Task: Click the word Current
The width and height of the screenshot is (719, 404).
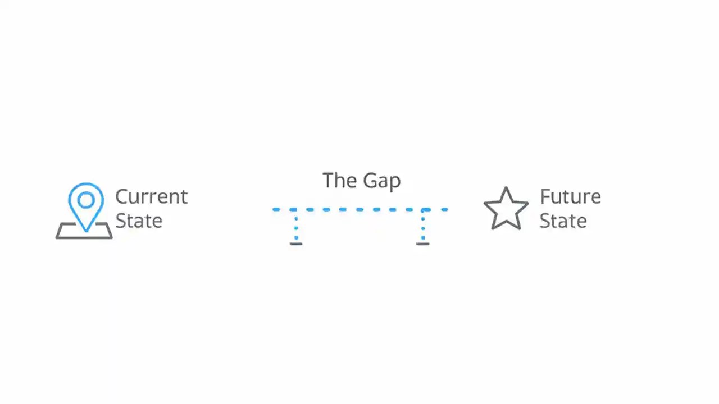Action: coord(151,197)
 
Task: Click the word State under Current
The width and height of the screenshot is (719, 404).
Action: coord(139,221)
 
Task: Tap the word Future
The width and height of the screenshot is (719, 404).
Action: coord(570,197)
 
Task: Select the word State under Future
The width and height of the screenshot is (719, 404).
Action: coord(563,221)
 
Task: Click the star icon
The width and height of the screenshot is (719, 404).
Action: coord(506,209)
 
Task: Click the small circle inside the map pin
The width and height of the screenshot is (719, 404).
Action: coord(86,200)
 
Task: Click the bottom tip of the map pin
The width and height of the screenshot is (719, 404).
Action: coord(86,229)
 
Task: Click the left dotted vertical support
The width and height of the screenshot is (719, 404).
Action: coord(296,227)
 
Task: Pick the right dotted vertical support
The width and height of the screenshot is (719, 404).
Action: coord(422,227)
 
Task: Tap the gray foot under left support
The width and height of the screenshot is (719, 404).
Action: coord(296,244)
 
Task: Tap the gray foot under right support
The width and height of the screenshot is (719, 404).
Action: coord(422,244)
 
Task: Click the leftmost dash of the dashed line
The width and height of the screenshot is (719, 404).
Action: coord(276,210)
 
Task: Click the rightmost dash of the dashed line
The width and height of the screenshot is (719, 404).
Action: coord(444,210)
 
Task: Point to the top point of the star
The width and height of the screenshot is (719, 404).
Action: coord(506,189)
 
